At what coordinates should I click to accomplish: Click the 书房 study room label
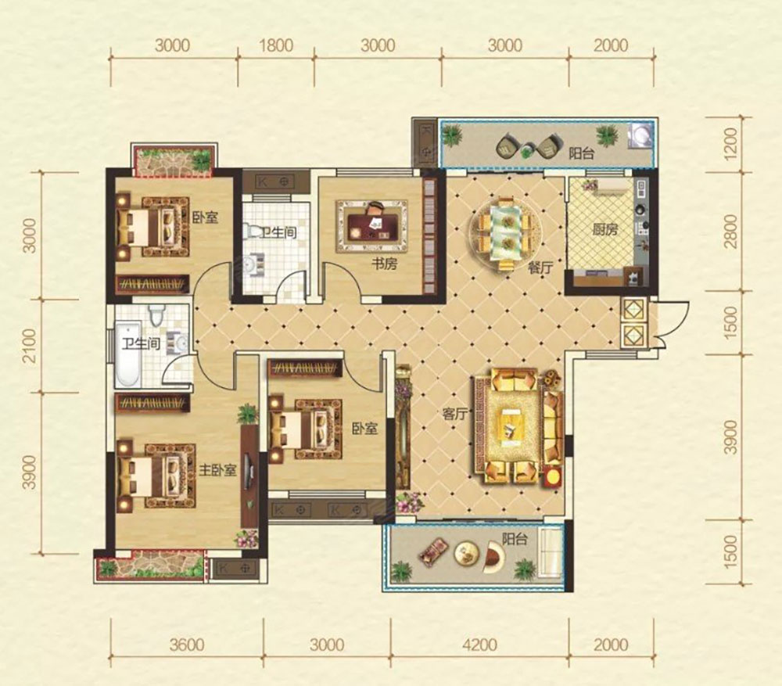(x=385, y=264)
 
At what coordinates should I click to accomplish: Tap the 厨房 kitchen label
(x=605, y=230)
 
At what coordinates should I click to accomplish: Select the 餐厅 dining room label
(x=540, y=268)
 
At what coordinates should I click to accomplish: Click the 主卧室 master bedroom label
(x=217, y=470)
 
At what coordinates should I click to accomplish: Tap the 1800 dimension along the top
(x=276, y=45)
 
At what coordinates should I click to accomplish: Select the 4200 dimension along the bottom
(x=480, y=645)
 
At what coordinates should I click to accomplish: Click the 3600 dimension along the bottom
(x=187, y=645)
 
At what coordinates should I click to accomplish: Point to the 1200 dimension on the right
(x=730, y=145)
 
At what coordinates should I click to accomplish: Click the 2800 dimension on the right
(x=730, y=231)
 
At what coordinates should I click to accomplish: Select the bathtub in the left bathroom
(x=127, y=354)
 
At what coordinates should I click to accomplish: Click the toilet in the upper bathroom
(x=253, y=232)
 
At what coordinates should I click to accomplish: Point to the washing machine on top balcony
(x=640, y=135)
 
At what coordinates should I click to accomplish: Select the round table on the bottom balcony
(x=466, y=552)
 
